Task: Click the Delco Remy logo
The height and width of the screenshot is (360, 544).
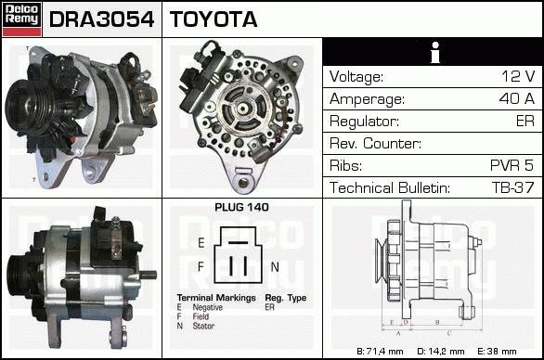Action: click(x=22, y=19)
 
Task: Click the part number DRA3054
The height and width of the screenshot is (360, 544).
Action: click(x=101, y=19)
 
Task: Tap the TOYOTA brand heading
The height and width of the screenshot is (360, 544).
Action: click(x=214, y=19)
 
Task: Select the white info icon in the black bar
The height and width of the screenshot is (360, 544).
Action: click(x=435, y=52)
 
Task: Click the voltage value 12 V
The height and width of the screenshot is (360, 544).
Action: click(x=518, y=76)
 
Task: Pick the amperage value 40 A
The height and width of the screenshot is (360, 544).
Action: click(x=516, y=98)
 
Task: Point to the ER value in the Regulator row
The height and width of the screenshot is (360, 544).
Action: click(x=525, y=121)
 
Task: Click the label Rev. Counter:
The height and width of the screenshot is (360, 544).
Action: click(x=375, y=143)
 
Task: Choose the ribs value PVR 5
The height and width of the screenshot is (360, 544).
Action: click(x=512, y=165)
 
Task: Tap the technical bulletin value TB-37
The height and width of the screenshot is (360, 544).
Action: click(x=512, y=187)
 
